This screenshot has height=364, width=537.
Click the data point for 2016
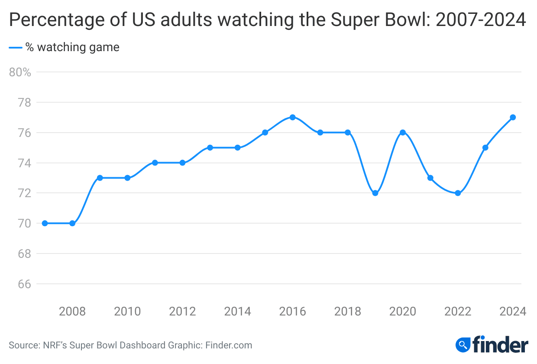pyautogui.click(x=293, y=117)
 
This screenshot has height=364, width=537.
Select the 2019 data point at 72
pyautogui.click(x=375, y=193)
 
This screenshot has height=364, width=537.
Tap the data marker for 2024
pyautogui.click(x=513, y=117)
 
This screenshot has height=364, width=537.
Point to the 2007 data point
pyautogui.click(x=45, y=223)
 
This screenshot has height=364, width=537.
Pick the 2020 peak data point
pyautogui.click(x=403, y=133)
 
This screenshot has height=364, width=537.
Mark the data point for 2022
pyautogui.click(x=458, y=193)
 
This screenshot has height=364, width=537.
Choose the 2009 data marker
pyautogui.click(x=100, y=178)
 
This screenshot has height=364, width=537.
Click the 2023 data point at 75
pyautogui.click(x=485, y=148)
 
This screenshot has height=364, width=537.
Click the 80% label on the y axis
pyautogui.click(x=20, y=72)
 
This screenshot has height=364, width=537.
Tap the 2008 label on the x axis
pyautogui.click(x=72, y=311)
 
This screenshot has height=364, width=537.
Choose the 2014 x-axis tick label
pyautogui.click(x=237, y=311)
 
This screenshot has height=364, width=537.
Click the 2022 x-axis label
pyautogui.click(x=458, y=311)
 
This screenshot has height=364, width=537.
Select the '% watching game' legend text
pyautogui.click(x=72, y=47)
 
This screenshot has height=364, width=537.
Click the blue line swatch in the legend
pyautogui.click(x=15, y=47)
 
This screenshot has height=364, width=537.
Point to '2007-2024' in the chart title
pyautogui.click(x=481, y=20)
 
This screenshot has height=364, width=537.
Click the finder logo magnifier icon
pyautogui.click(x=463, y=345)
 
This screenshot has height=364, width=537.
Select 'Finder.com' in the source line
pyautogui.click(x=229, y=345)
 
